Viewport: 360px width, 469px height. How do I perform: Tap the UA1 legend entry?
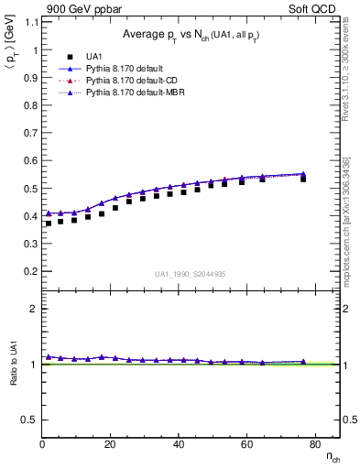[x=95, y=56]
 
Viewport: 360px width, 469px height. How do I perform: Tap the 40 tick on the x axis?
[x=179, y=445]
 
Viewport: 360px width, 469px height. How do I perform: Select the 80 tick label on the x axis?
[x=314, y=445]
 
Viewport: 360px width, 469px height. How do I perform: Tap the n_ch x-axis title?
[x=332, y=457]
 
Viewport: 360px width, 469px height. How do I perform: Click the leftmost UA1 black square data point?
[x=49, y=224]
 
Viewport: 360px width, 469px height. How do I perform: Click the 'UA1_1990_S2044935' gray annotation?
[x=191, y=274]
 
